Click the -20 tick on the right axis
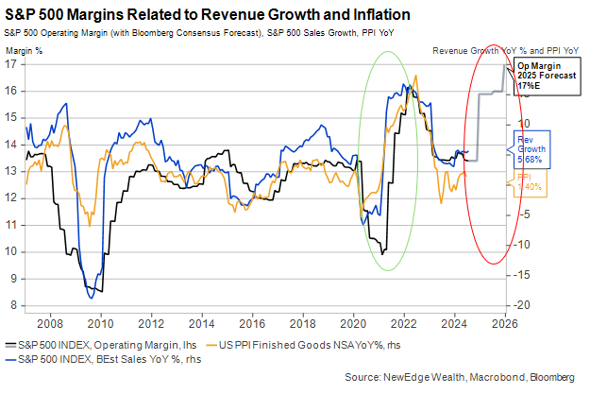(521, 305)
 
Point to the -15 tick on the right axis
(521, 275)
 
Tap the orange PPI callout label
(527, 181)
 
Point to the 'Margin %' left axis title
(25, 50)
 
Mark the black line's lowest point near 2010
(99, 291)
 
